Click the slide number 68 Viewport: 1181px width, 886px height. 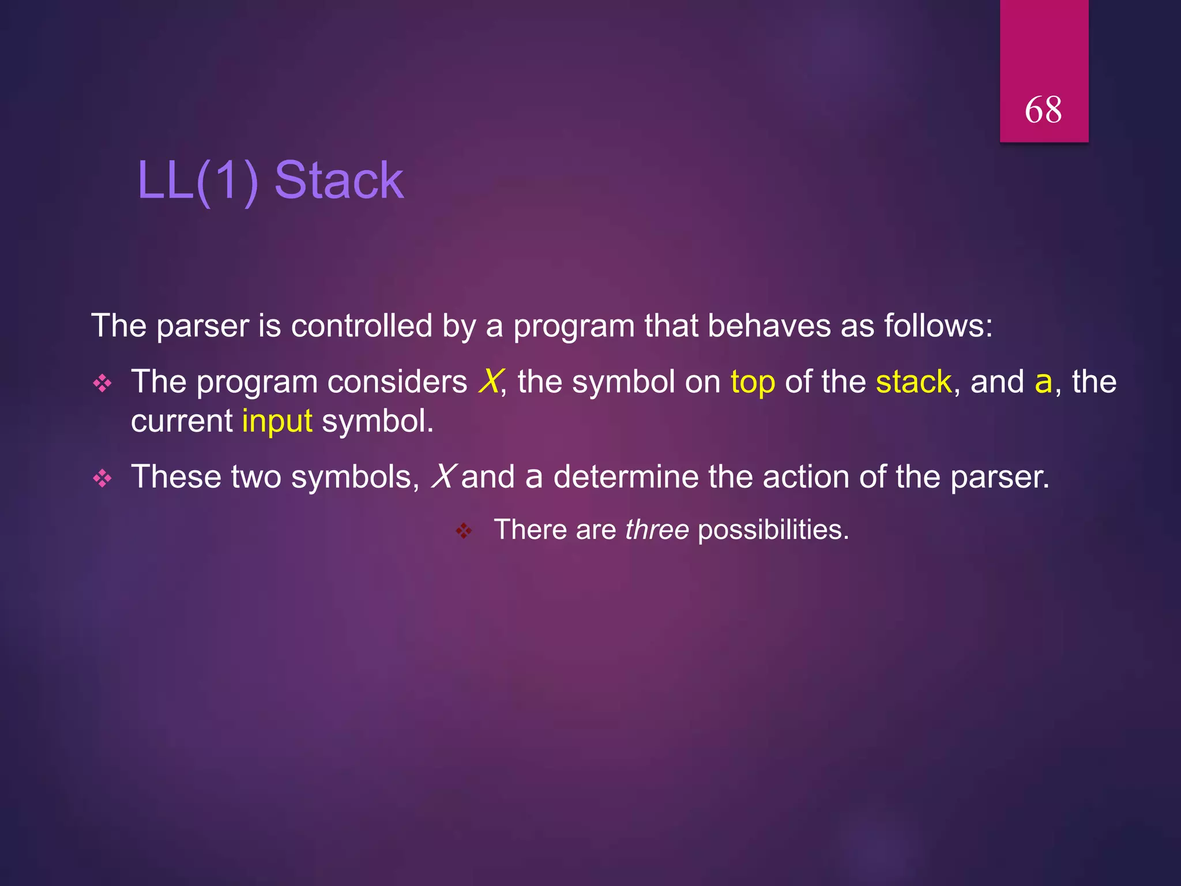coord(1043,110)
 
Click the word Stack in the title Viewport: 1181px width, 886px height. coord(339,181)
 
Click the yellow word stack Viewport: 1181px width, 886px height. coord(913,382)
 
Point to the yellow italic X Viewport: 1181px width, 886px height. coord(490,382)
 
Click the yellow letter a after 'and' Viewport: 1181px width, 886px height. coord(1043,382)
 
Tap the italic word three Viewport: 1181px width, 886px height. coord(657,530)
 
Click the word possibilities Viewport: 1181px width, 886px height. coord(773,530)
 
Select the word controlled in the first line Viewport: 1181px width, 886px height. coord(362,326)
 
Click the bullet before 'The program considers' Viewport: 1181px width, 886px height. coord(103,384)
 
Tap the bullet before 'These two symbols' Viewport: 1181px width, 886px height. coord(103,478)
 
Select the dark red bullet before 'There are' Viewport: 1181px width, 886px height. coord(464,531)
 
